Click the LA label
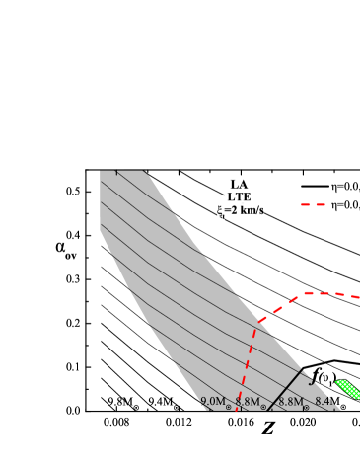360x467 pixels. [x=240, y=185]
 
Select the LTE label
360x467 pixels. [x=240, y=197]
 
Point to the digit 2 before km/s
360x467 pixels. [x=235, y=210]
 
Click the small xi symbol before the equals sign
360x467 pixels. [x=221, y=210]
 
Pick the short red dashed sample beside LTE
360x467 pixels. [x=313, y=205]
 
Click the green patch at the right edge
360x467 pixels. [x=348, y=388]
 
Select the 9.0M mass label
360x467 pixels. [x=212, y=402]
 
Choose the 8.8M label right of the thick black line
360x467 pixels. [x=290, y=402]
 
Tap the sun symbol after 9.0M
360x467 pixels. [x=229, y=406]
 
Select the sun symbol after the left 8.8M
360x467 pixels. [x=263, y=406]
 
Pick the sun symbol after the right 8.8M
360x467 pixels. [x=306, y=406]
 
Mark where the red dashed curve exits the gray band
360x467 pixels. [x=259, y=322]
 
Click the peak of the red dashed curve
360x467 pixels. [x=314, y=293]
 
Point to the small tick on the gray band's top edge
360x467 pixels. [x=116, y=173]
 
